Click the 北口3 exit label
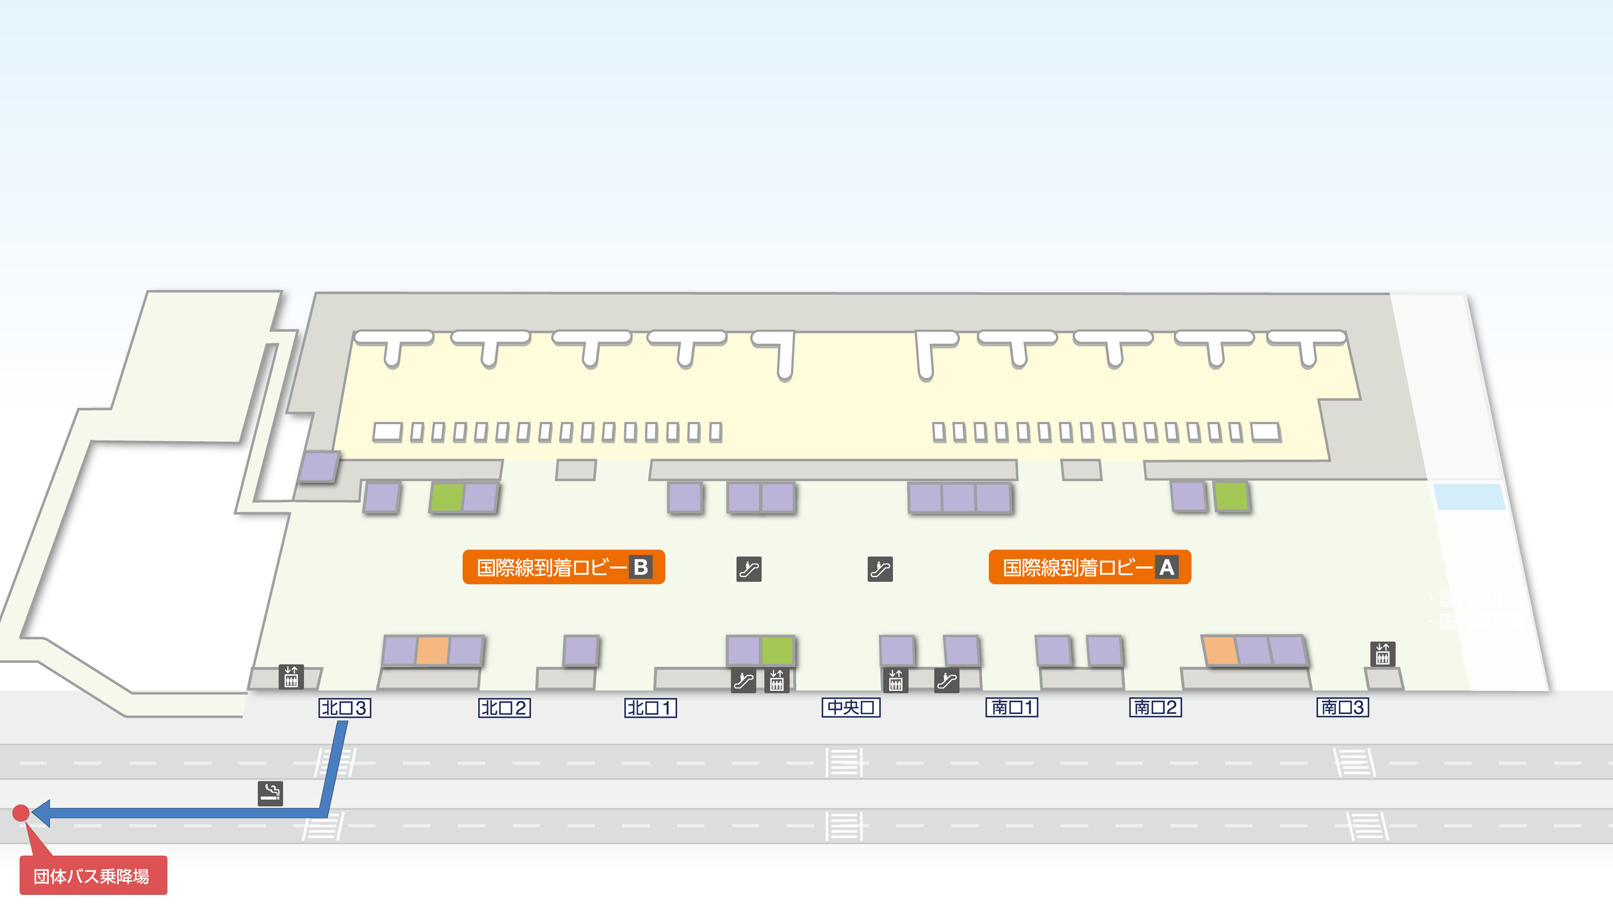(x=344, y=708)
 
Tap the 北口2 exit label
(x=504, y=708)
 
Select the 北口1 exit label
(x=650, y=708)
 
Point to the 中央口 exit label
(x=850, y=708)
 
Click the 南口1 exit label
(x=1011, y=708)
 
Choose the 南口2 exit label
(x=1154, y=708)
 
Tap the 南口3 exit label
(x=1342, y=708)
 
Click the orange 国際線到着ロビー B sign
(x=563, y=567)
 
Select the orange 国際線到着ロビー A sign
(x=1089, y=567)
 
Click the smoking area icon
(x=271, y=793)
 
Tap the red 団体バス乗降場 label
(x=93, y=875)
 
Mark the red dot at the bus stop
(x=21, y=813)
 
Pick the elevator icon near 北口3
(x=291, y=677)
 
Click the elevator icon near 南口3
(x=1382, y=654)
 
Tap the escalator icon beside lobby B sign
(x=749, y=569)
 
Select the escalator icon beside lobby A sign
(x=880, y=569)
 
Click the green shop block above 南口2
(x=1231, y=496)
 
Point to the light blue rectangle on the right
(x=1469, y=496)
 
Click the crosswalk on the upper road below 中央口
(x=844, y=762)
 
